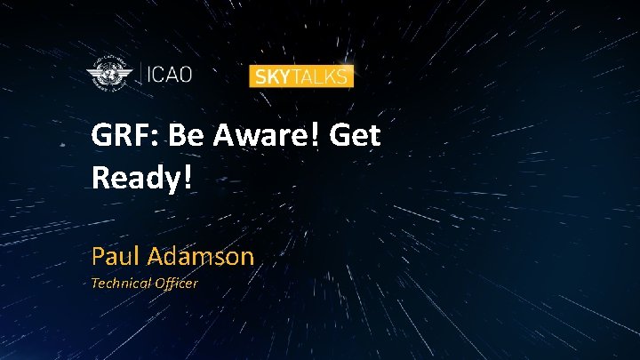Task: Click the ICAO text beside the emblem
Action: click(x=169, y=74)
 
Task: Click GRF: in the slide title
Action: click(x=125, y=137)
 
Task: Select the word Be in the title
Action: click(x=187, y=137)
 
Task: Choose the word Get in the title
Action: click(x=356, y=137)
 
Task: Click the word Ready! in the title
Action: click(x=141, y=179)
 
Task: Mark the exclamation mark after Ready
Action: click(x=188, y=179)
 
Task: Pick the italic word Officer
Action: click(x=176, y=284)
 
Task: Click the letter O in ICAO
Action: click(x=185, y=74)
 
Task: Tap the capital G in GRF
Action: click(x=101, y=137)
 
